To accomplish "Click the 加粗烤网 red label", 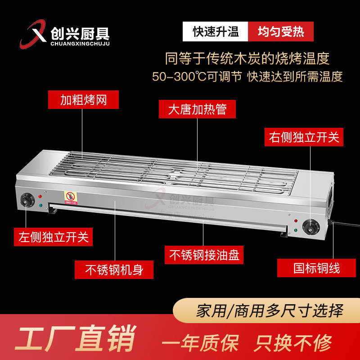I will pos(83,99).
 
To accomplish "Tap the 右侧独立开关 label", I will pos(304,137).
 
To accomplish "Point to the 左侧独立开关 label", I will pos(54,237).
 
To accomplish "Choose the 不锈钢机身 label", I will pos(114,270).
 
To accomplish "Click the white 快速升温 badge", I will pos(215,32).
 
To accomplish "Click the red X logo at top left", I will pos(34,35).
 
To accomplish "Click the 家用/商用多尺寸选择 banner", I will pos(269,310).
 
